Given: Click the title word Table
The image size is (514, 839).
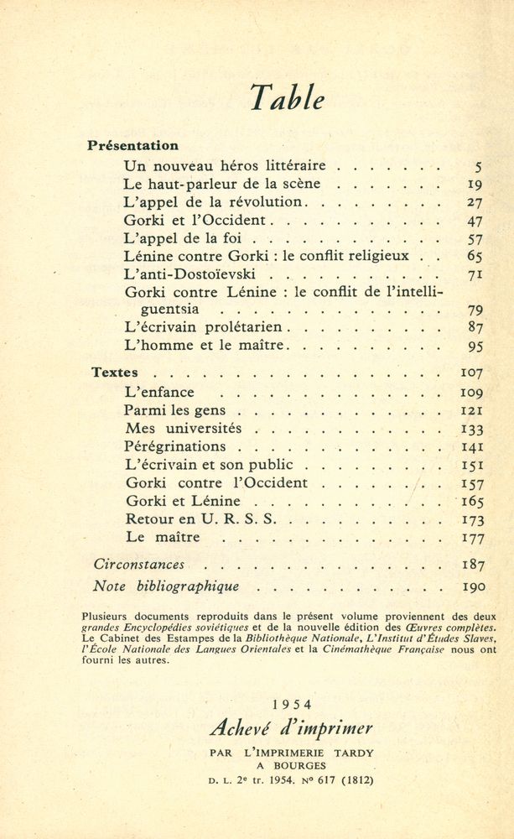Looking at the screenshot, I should (286, 98).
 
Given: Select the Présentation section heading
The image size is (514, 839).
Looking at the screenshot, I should (132, 145).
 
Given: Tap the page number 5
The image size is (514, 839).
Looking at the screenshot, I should (477, 166).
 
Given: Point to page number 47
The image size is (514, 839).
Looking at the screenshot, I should (475, 221).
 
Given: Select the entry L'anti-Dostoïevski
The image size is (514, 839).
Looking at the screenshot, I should (189, 274).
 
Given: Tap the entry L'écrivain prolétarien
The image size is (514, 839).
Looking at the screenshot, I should (206, 327).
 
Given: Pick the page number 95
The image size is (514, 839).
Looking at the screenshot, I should (475, 346).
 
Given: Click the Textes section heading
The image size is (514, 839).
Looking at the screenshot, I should (115, 373).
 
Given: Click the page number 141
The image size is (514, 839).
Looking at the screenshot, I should (473, 447).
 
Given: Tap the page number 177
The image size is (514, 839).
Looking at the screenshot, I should (473, 537).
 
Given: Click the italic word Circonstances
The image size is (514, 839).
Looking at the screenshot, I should (138, 564).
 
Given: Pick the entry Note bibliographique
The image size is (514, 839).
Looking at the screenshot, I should (166, 586).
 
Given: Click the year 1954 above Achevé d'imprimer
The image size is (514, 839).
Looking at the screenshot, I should (293, 703).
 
